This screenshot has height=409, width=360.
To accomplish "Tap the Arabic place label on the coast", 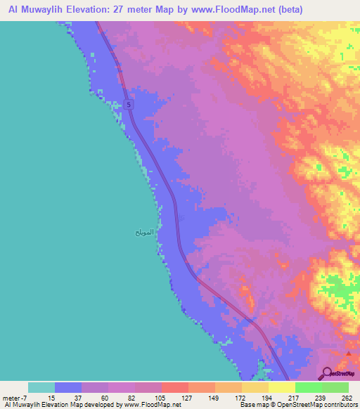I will pos(143,231).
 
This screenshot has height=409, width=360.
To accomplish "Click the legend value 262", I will pos(347,398).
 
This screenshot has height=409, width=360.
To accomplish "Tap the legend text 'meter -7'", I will pos(15,398).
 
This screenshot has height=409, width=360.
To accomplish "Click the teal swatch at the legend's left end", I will pos(41,387).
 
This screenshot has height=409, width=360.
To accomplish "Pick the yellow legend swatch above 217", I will pos(281,387).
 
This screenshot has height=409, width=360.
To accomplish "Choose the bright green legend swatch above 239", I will pos(308,387).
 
